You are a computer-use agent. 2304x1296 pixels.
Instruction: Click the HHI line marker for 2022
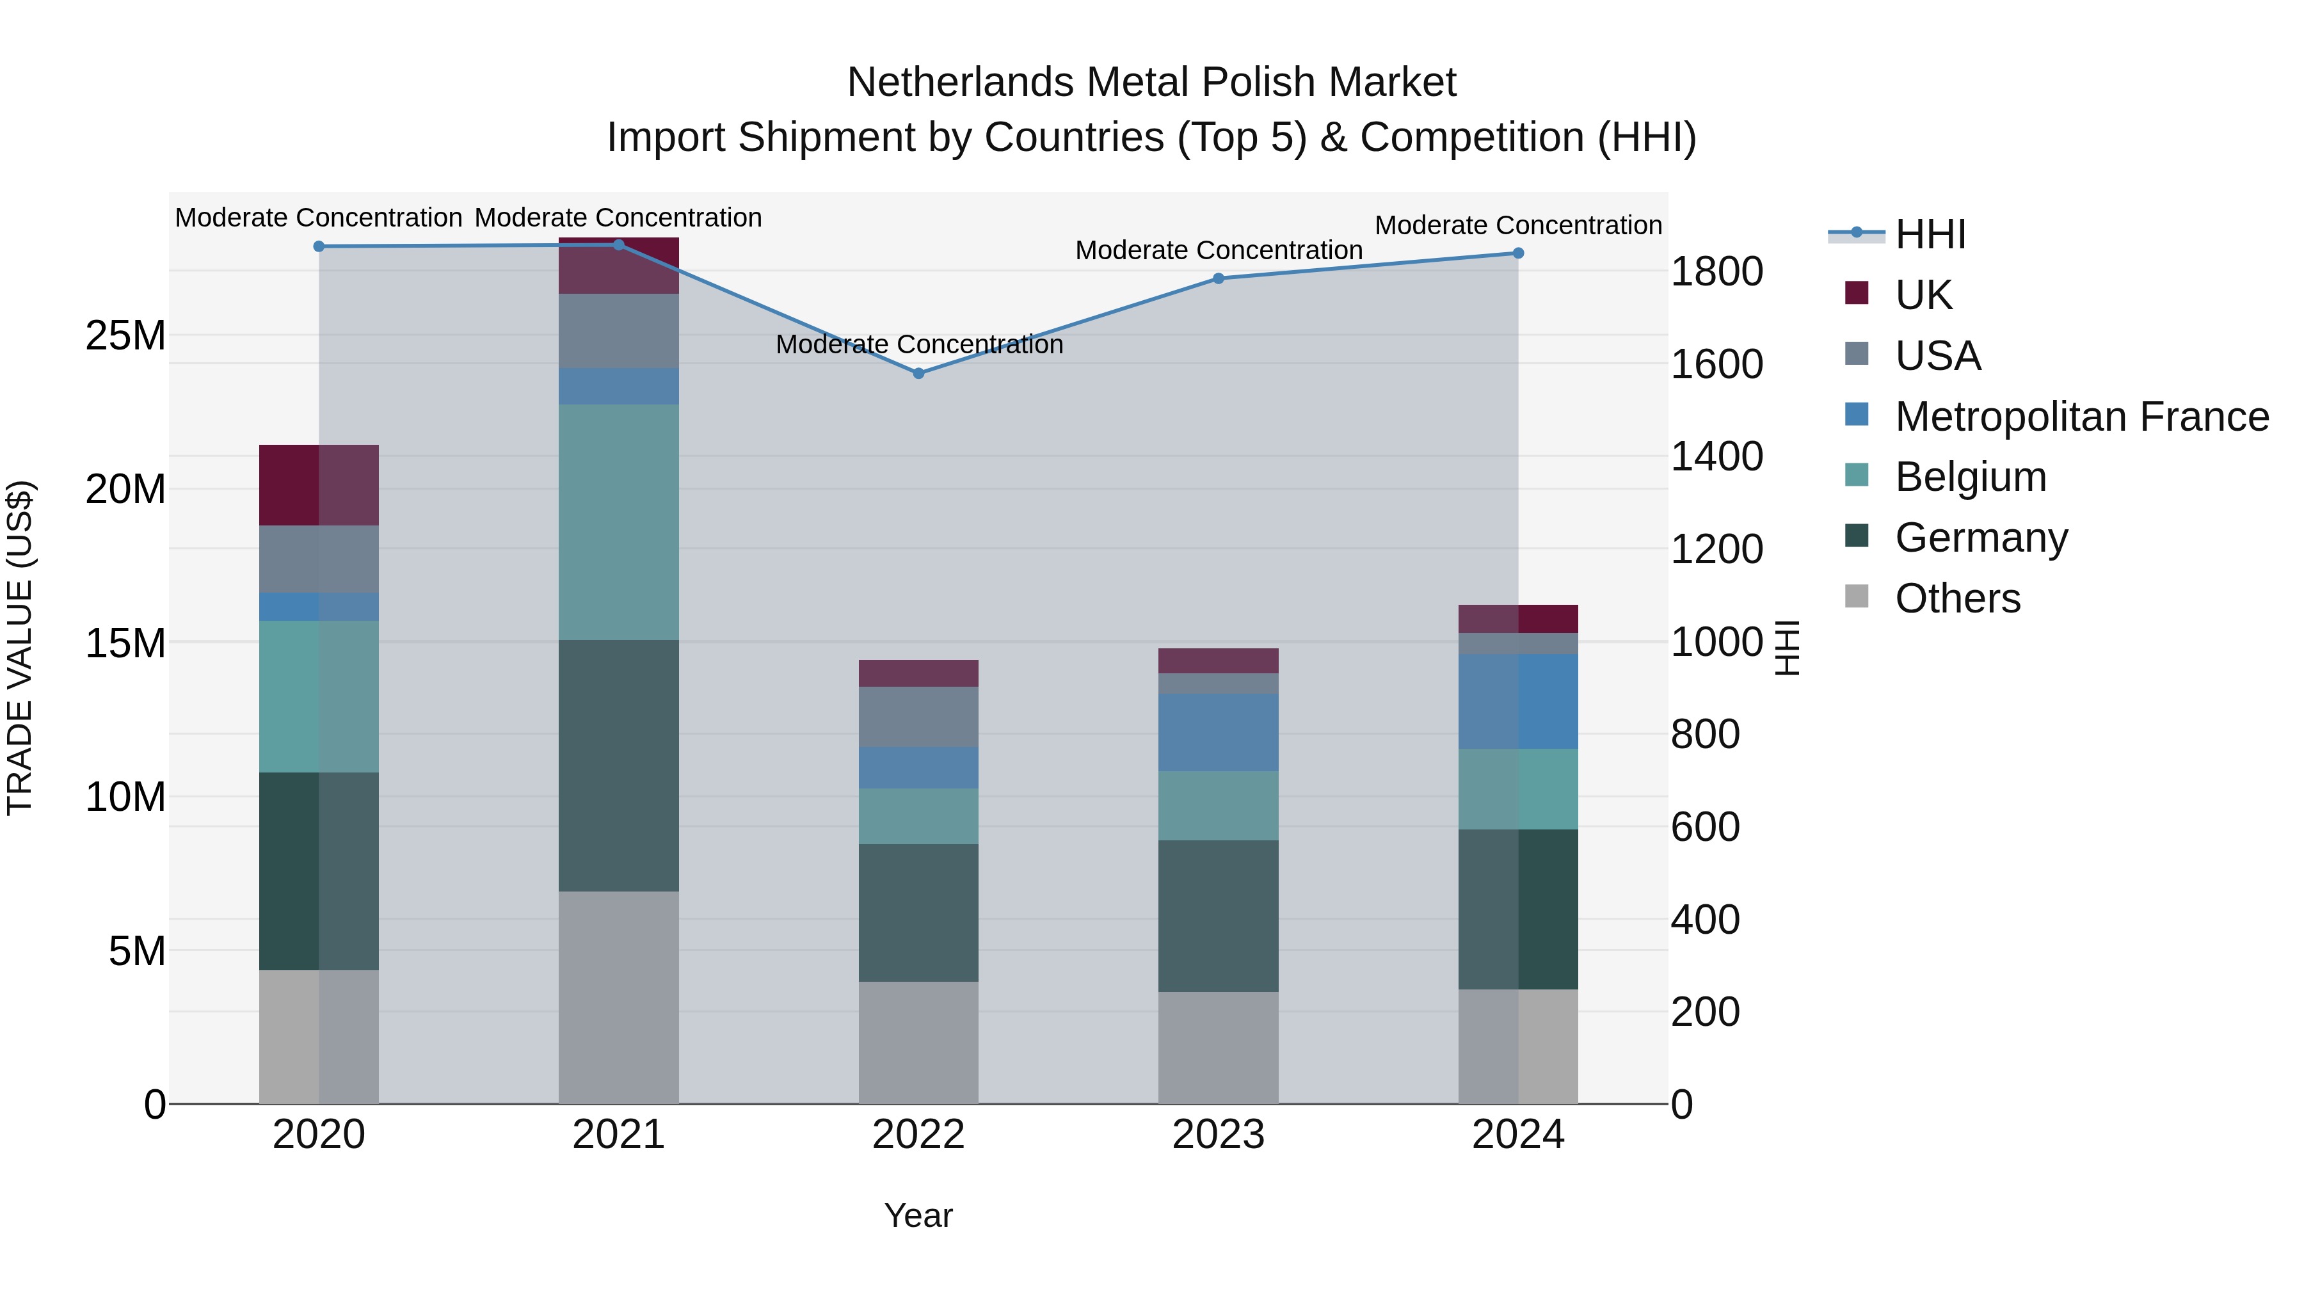point(918,373)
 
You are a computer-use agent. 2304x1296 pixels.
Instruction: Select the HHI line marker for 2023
point(1218,278)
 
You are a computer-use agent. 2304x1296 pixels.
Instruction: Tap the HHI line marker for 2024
point(1518,253)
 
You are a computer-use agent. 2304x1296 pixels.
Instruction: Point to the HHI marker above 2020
point(319,246)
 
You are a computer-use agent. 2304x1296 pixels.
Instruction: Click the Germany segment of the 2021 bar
point(619,765)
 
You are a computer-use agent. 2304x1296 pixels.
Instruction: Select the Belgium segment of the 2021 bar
point(619,522)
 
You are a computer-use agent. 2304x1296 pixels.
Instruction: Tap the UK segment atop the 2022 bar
point(918,673)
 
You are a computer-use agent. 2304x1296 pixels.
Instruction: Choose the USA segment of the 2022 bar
point(918,716)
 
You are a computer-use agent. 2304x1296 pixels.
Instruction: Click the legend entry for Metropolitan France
point(2081,417)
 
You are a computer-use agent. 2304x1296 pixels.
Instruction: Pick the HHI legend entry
point(1930,234)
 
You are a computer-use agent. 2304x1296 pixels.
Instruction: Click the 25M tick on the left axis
point(125,336)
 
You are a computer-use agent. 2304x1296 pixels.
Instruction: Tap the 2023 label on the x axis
point(1218,1135)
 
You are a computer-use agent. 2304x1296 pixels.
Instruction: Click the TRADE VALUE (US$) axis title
point(20,648)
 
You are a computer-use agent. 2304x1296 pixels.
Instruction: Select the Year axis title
point(918,1215)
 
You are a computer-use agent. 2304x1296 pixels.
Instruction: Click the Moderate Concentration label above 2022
point(918,344)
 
